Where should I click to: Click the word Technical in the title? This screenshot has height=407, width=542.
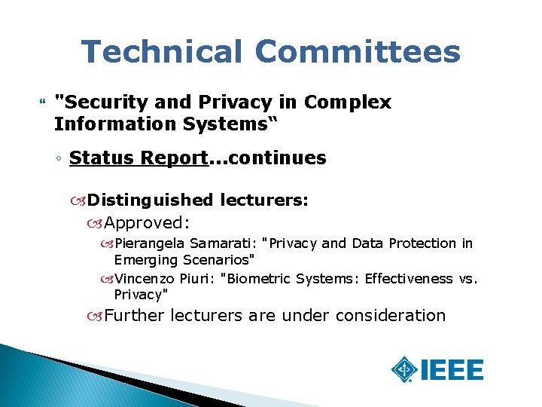(162, 52)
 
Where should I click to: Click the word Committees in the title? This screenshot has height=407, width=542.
(357, 52)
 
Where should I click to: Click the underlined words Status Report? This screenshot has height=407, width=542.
(138, 158)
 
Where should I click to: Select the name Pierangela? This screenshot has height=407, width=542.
(149, 243)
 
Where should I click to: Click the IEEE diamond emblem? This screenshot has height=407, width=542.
(406, 370)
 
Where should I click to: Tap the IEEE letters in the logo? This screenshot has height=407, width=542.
(452, 370)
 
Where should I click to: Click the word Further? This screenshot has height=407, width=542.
(134, 315)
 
